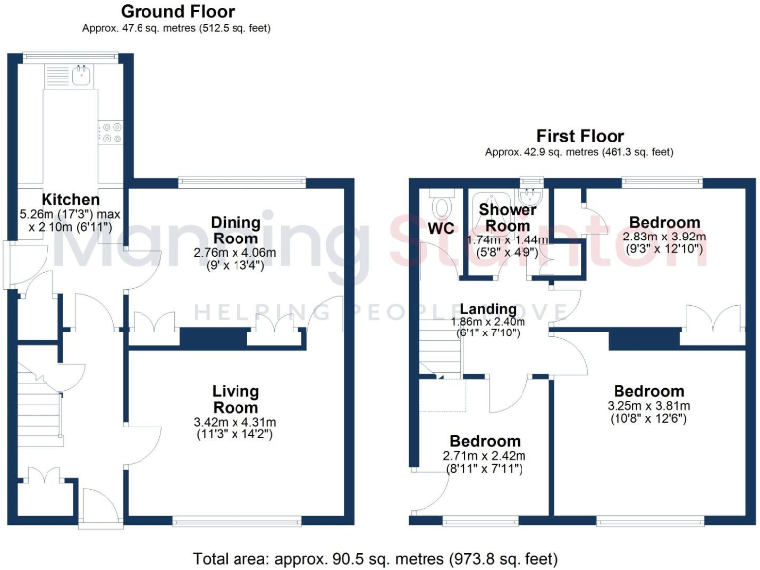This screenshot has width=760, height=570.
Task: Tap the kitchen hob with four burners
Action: click(x=111, y=133)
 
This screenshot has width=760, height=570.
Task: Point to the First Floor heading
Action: click(x=580, y=136)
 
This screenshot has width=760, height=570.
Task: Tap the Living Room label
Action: click(x=235, y=399)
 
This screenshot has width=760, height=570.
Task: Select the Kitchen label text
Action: click(x=69, y=199)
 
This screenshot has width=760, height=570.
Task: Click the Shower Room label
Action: click(x=508, y=217)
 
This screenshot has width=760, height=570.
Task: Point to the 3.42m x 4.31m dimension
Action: click(x=235, y=422)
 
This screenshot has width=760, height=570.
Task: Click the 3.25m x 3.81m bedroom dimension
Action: click(x=648, y=406)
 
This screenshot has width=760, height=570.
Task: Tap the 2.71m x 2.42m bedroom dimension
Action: click(x=484, y=456)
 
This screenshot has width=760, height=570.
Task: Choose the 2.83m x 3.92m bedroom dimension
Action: click(x=664, y=237)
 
